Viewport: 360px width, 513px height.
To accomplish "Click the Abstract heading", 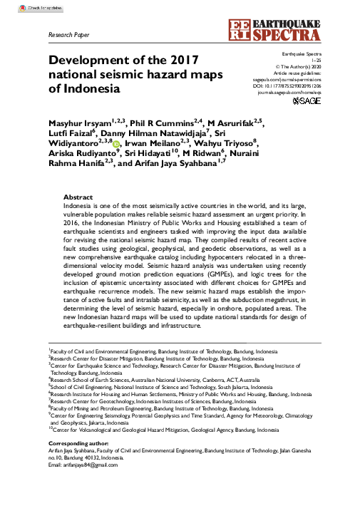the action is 78,196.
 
